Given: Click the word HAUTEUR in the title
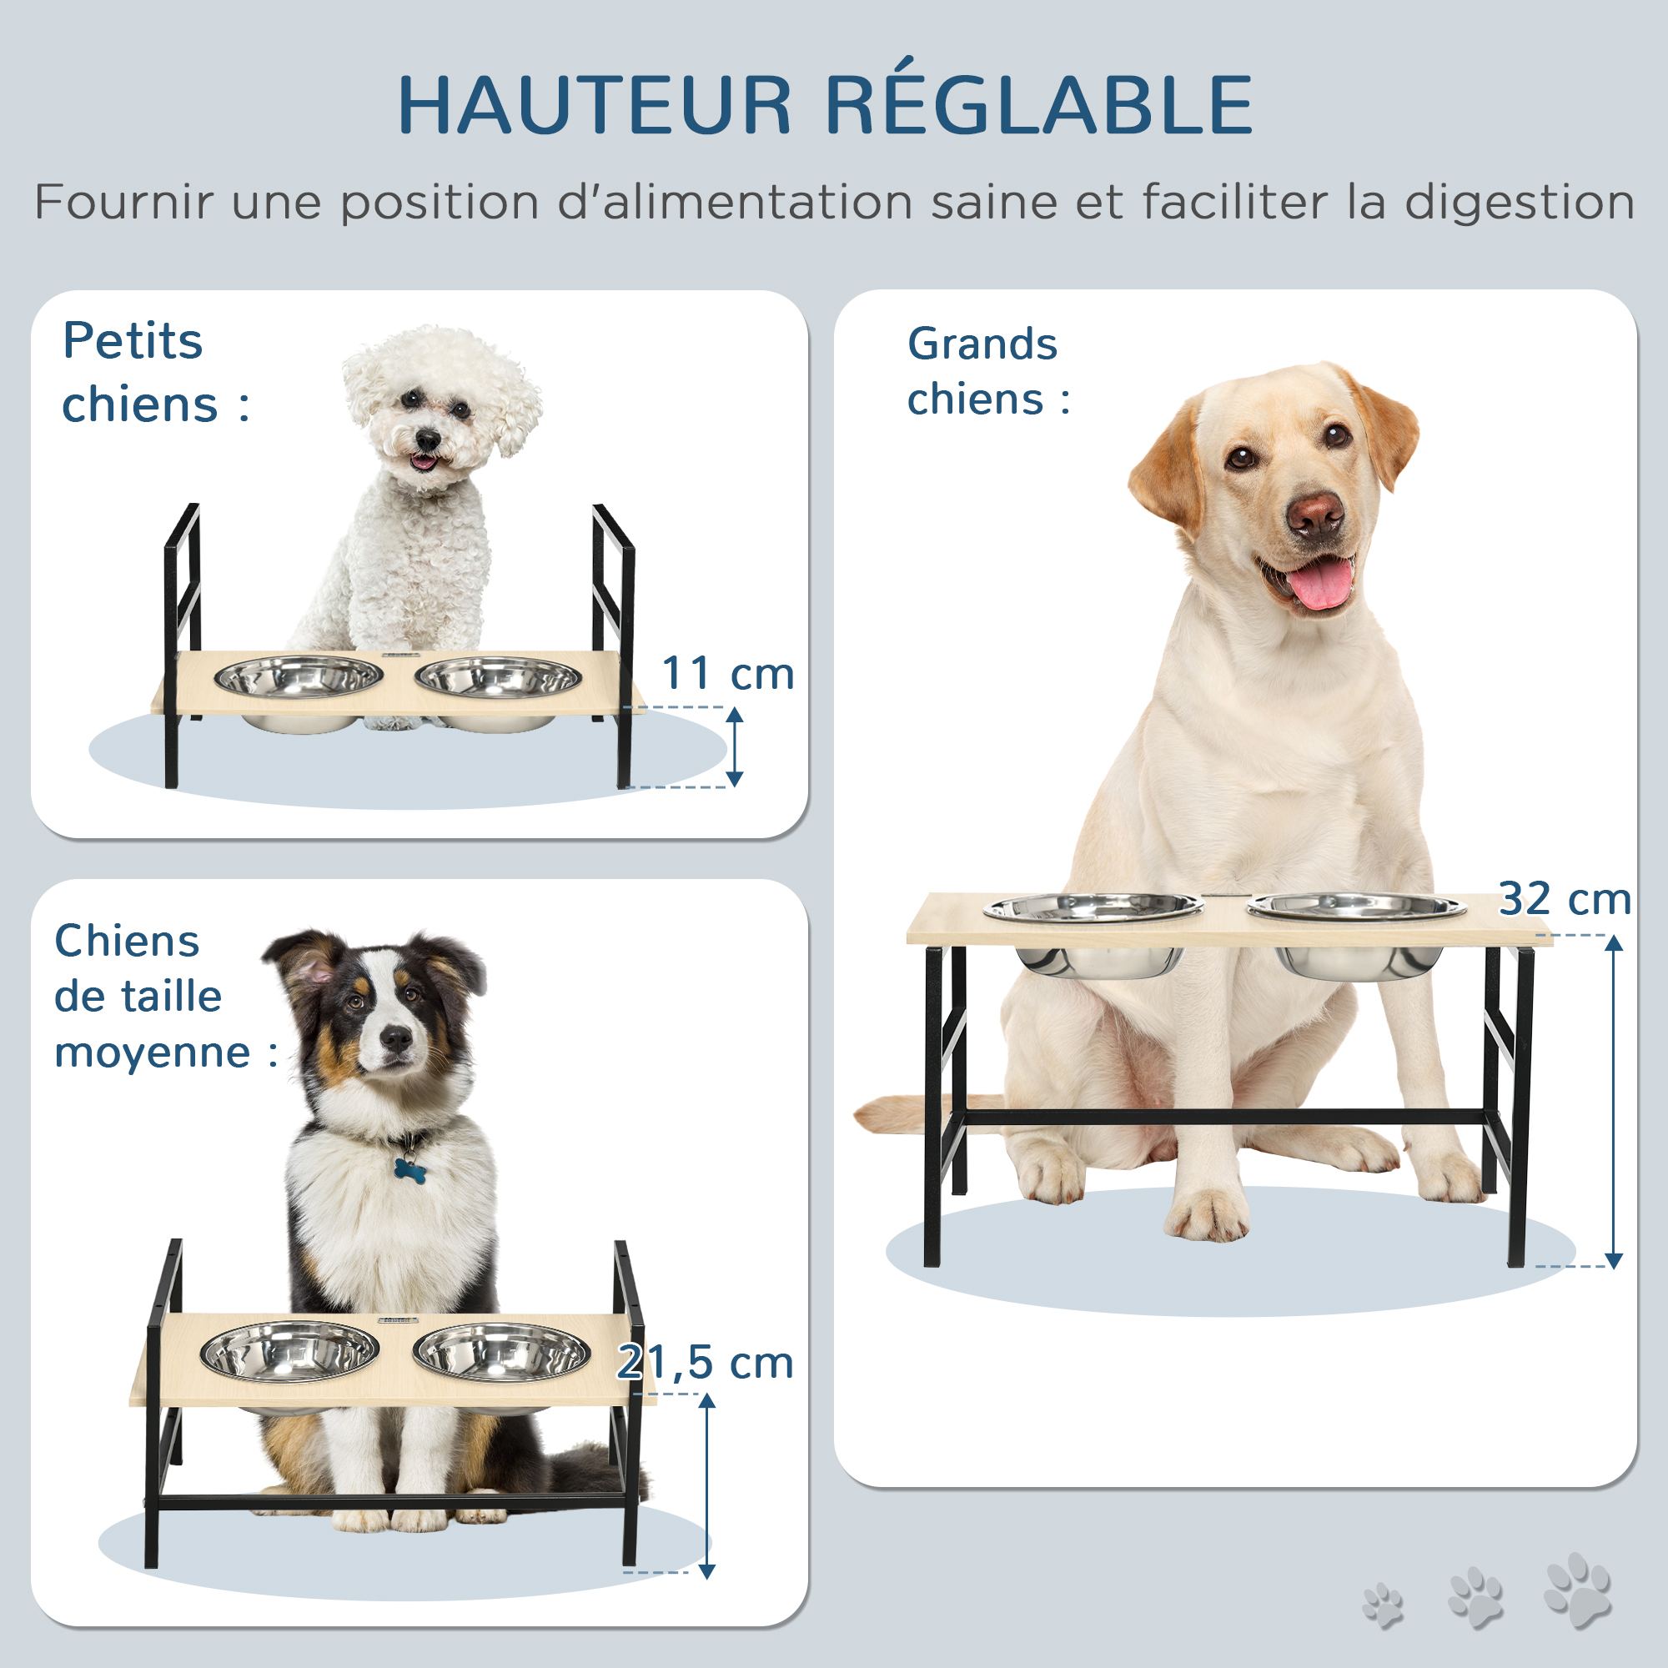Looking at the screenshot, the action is tap(594, 105).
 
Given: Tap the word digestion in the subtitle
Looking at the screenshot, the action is tap(1520, 203).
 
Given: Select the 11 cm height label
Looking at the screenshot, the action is tap(728, 673).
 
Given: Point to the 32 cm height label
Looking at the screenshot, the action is tap(1565, 899).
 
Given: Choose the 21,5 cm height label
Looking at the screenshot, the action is tap(705, 1363).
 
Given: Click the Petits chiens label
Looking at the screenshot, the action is tap(155, 372).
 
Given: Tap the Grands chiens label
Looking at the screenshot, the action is tap(988, 371).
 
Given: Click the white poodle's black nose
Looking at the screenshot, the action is tap(426, 441).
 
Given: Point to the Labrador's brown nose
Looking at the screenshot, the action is tap(1315, 515).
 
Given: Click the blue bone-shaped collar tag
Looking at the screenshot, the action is tap(409, 1169).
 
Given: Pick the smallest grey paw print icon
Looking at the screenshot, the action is tap(1383, 1605).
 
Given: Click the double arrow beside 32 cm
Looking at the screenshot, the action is tap(1614, 1101).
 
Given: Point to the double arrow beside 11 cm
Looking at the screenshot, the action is tap(734, 746).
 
